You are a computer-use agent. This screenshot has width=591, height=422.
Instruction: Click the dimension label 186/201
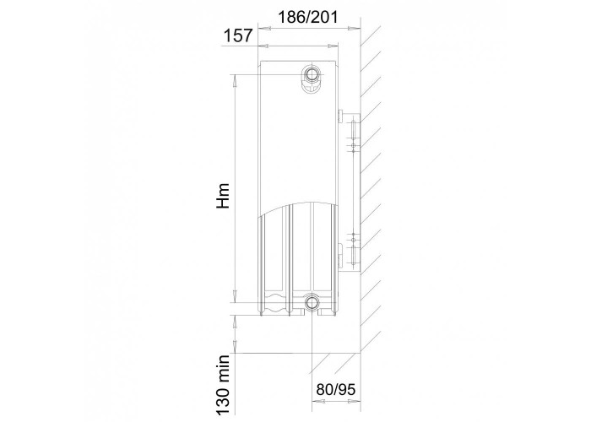307,17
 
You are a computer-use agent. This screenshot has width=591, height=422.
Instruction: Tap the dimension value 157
238,35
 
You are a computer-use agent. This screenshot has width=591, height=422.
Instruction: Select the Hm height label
223,196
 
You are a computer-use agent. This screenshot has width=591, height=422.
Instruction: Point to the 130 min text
223,386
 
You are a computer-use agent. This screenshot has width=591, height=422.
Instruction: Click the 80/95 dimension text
335,390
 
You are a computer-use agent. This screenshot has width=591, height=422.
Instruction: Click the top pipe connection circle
312,73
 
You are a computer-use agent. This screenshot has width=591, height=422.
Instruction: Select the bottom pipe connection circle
312,301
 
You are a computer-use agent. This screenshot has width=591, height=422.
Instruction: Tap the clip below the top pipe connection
312,89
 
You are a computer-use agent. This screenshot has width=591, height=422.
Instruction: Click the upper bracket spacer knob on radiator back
340,116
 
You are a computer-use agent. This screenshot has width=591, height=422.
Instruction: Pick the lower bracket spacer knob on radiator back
340,254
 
